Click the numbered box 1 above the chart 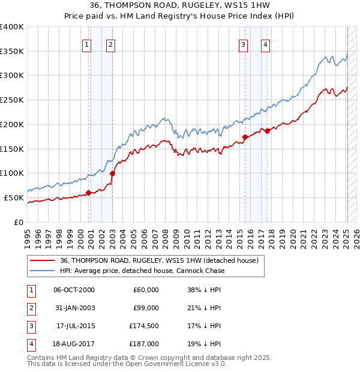click(87, 44)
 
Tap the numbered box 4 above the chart click(265, 44)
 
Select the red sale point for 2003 click(113, 173)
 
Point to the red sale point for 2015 click(245, 137)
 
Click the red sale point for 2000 click(88, 193)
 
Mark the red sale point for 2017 click(267, 131)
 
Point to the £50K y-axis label click(14, 197)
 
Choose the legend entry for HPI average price click(142, 271)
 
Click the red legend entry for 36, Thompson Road click(159, 261)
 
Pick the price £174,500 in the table click(145, 326)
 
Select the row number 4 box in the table click(29, 344)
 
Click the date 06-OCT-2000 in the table click(74, 290)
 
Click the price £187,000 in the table click(145, 344)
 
